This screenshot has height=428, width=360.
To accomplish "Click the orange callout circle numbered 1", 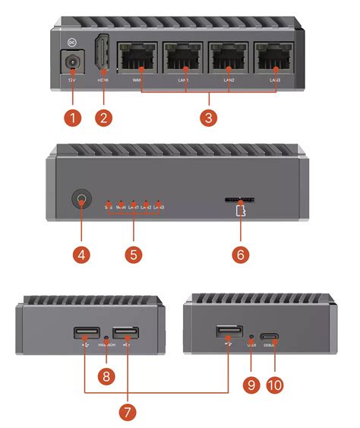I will click(72, 118).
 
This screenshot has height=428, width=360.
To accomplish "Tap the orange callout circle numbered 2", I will click(105, 118).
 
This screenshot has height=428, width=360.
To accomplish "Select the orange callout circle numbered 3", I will click(209, 118).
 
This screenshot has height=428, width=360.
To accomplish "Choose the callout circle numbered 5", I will click(133, 252).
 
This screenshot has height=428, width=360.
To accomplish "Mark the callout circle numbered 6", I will click(239, 253).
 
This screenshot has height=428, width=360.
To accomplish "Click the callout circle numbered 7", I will click(126, 411).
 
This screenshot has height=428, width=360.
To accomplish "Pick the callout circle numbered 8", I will click(106, 376).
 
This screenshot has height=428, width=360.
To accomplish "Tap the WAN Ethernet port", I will click(137, 58).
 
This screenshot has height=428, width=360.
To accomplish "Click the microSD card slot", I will click(240, 200).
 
